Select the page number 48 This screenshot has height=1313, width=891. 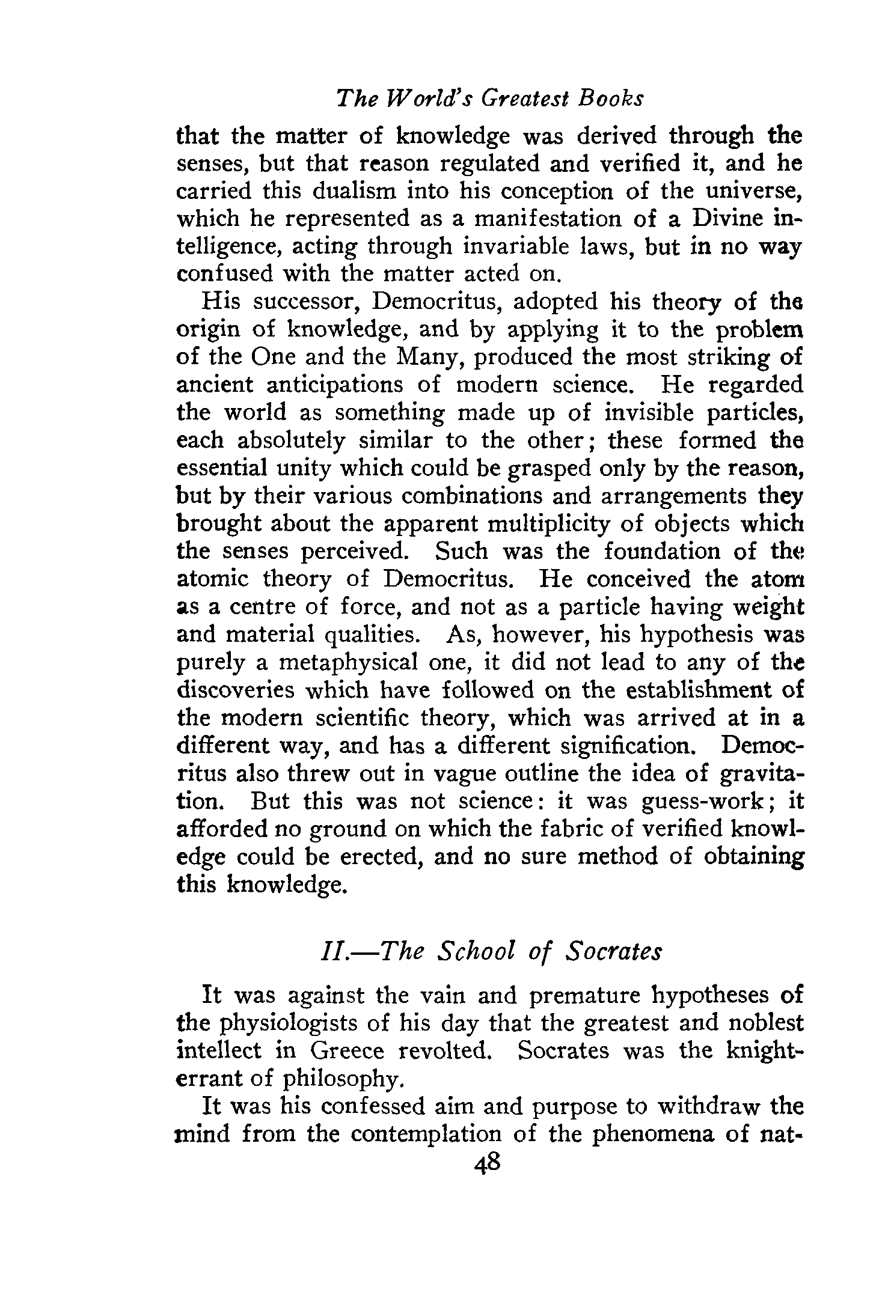pyautogui.click(x=487, y=1164)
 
